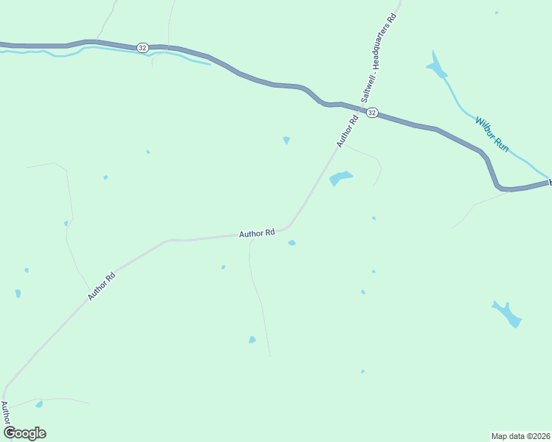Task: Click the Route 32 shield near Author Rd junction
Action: point(372,113)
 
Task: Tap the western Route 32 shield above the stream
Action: point(142,47)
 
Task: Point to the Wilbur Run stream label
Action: point(491,134)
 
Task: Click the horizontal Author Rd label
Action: point(257,233)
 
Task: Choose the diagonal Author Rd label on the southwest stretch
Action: point(102,287)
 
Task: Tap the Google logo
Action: point(24,433)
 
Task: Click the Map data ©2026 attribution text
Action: point(520,435)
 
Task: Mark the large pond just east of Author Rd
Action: point(340,178)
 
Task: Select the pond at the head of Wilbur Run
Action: point(437,67)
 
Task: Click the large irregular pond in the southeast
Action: point(508,314)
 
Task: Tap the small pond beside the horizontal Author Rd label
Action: point(292,242)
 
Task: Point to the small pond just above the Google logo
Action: point(39,404)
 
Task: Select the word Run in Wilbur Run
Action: point(502,145)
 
